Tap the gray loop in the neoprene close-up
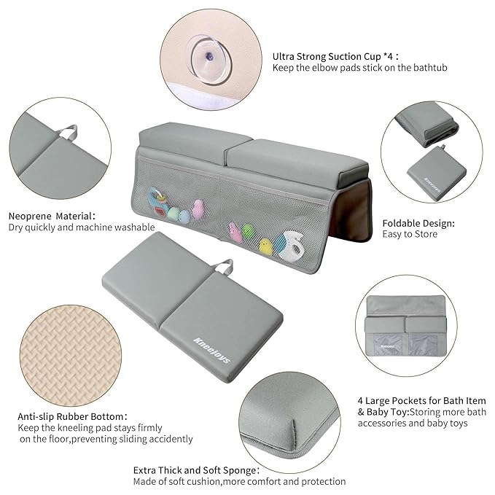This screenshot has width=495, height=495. [70, 133]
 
